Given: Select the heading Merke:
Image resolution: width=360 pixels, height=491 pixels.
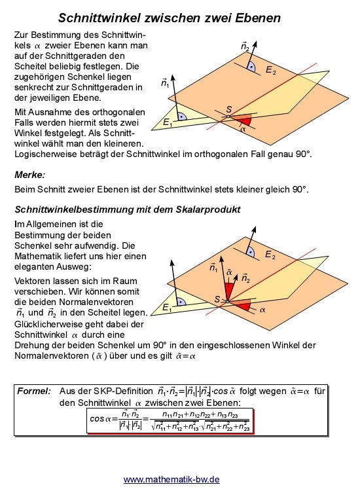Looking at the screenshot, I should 29,175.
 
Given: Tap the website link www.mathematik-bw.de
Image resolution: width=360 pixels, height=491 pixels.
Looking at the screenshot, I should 171,479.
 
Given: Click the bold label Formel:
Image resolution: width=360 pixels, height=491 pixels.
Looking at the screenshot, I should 34,390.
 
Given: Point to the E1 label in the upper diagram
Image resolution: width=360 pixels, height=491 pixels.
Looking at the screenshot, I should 168,122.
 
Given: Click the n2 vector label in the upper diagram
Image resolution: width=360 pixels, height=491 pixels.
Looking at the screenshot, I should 245,46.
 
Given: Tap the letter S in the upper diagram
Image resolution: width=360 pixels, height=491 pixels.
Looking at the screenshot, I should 228,109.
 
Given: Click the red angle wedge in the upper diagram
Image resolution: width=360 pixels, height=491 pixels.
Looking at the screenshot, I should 243,120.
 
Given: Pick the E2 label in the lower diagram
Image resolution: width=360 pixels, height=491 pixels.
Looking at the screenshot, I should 270,254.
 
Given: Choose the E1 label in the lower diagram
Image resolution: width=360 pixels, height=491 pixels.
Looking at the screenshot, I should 168,307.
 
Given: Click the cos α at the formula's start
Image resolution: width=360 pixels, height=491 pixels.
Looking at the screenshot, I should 101,418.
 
